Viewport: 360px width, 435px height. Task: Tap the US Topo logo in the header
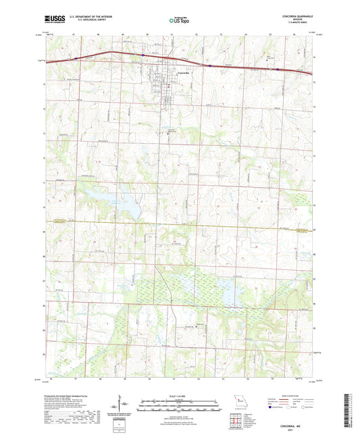pos(179,21)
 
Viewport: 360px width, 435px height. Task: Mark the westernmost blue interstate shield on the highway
pos(76,58)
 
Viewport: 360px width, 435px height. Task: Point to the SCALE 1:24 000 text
pos(179,395)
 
